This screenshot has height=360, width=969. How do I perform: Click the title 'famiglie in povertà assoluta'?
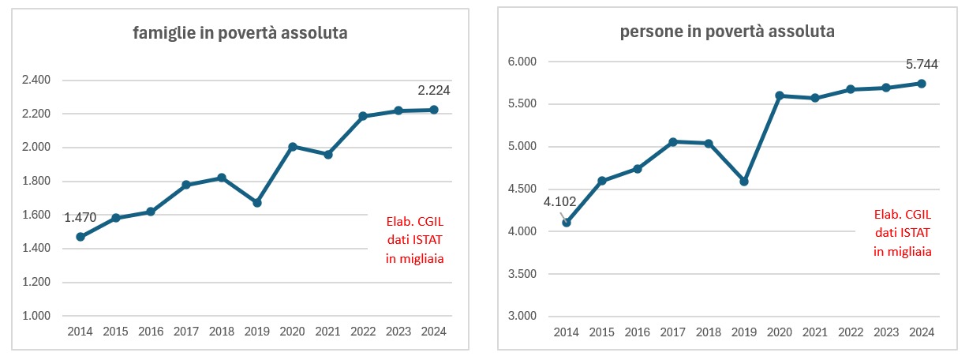(x=240, y=33)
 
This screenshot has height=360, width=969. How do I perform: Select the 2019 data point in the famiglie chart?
(x=257, y=203)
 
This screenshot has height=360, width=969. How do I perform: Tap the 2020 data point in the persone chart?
(x=780, y=96)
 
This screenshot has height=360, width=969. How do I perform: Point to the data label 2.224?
(x=433, y=90)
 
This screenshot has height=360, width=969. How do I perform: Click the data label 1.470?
(x=80, y=218)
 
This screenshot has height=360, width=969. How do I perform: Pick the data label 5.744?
(x=920, y=64)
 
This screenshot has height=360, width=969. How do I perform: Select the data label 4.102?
(x=559, y=201)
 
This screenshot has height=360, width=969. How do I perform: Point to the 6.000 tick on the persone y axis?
(x=521, y=62)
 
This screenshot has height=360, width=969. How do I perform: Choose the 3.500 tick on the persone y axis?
(x=521, y=274)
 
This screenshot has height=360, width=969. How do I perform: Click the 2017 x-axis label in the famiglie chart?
(x=186, y=332)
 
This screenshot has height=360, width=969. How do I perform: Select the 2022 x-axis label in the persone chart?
(x=850, y=332)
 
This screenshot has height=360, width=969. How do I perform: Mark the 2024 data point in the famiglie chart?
(x=434, y=110)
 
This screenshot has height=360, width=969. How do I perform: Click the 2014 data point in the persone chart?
(x=567, y=223)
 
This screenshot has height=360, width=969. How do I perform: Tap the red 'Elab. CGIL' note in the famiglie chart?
(x=414, y=223)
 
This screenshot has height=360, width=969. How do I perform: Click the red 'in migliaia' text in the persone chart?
(x=903, y=251)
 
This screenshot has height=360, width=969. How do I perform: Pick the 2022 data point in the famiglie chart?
(x=363, y=116)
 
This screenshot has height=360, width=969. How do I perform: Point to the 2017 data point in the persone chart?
(x=673, y=142)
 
